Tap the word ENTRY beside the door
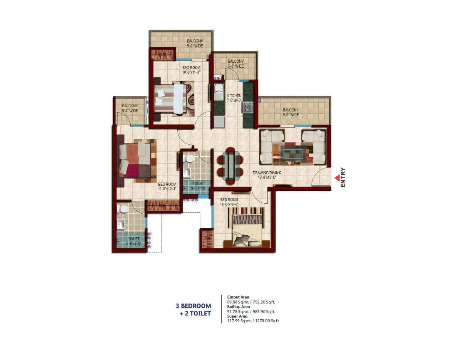(x=343, y=178)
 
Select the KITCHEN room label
(x=234, y=96)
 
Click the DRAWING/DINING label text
(x=267, y=173)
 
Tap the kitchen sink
(x=218, y=89)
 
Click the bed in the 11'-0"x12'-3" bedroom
(x=136, y=160)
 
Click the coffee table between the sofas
(x=292, y=152)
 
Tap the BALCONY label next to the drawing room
(x=290, y=110)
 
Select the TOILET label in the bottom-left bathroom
(x=134, y=239)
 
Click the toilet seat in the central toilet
(x=189, y=158)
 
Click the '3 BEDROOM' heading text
(x=193, y=306)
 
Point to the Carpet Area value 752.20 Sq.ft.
(x=263, y=302)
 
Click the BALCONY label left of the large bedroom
(x=129, y=106)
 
